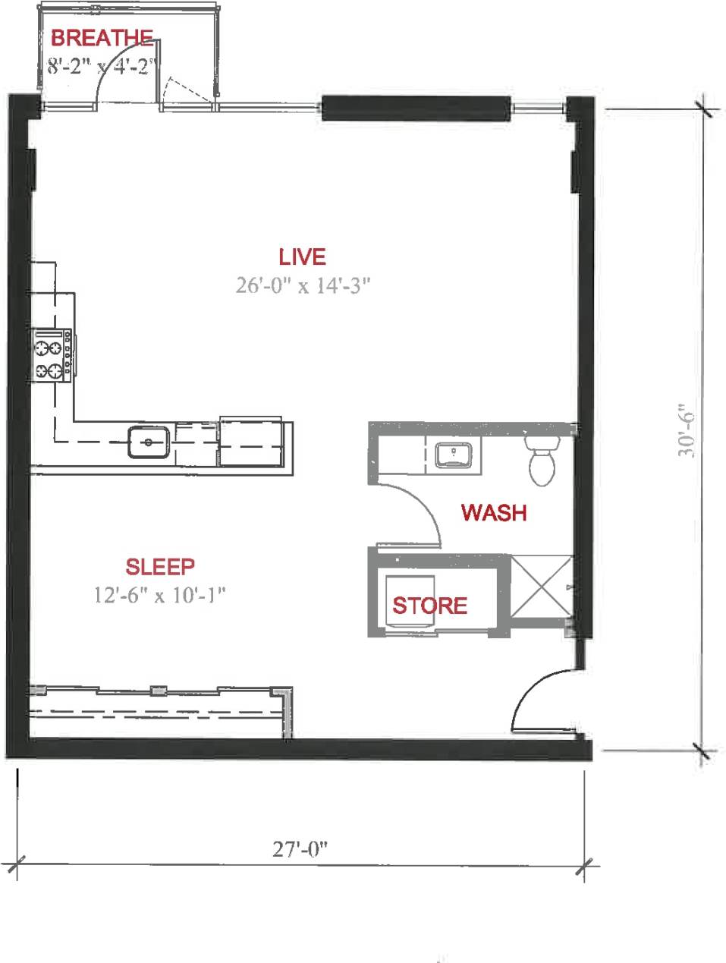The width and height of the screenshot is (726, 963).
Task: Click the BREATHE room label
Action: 102,38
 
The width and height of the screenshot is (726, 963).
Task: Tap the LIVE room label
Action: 302,257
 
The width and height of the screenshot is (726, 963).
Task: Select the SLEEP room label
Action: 160,566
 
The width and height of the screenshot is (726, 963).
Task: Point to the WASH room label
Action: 494,513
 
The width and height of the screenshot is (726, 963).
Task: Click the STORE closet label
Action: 429,606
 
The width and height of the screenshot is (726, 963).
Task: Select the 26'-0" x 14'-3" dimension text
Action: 302,285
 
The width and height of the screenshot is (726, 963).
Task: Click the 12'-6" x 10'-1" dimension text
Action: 160,594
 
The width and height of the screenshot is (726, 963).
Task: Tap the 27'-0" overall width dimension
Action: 300,848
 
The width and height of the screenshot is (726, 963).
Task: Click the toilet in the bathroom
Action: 542,461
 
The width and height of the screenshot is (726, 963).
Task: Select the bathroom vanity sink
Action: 454,455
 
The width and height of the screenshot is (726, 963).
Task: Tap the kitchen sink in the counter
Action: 148,442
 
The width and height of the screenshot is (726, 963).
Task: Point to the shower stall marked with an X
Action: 542,587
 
